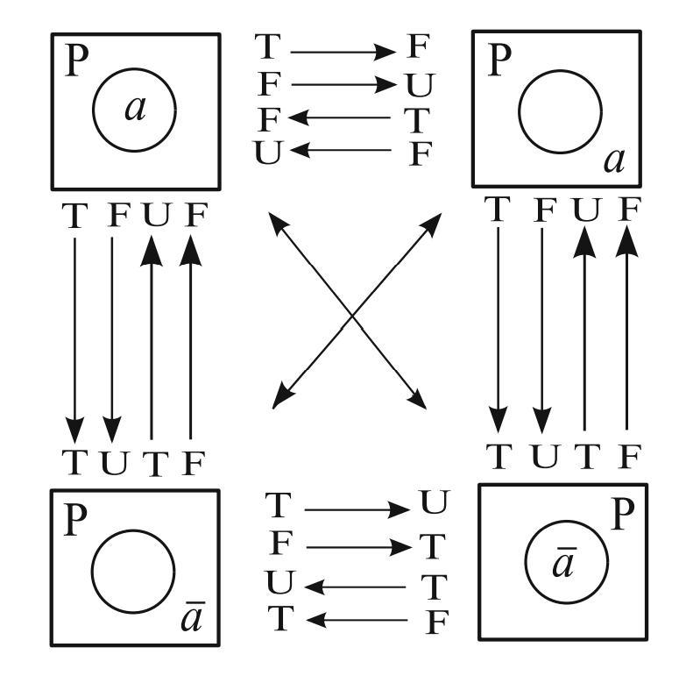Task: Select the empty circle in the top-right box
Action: click(x=560, y=111)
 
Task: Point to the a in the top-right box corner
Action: click(x=613, y=161)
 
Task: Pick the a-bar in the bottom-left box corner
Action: click(x=193, y=619)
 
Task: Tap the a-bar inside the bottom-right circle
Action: click(x=564, y=564)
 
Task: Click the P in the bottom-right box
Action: click(x=620, y=516)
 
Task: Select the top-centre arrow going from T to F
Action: click(x=343, y=52)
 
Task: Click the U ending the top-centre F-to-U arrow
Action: click(x=420, y=85)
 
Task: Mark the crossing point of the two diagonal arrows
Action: click(x=352, y=314)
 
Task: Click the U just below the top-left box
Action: click(x=154, y=216)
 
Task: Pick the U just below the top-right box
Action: click(x=584, y=210)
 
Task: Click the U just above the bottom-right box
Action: click(x=543, y=456)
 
